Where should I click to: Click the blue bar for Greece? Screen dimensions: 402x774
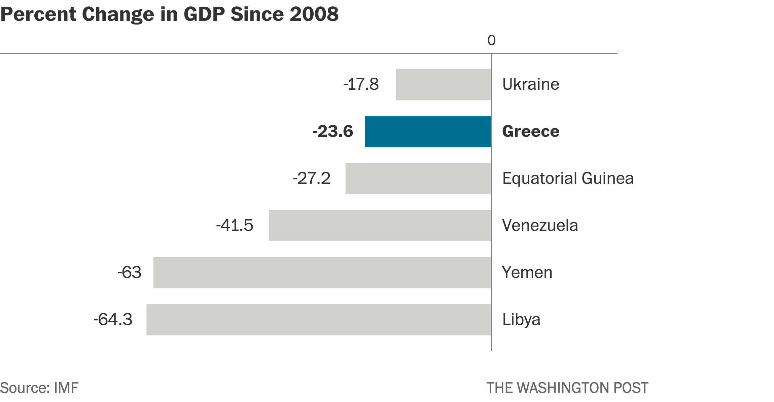428,131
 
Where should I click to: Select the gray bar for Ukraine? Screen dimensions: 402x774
443,84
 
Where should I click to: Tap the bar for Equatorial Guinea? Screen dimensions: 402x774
418,178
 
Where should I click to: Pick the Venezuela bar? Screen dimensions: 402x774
380,226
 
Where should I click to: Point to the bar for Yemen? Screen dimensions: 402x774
322,273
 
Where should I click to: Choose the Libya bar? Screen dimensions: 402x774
318,320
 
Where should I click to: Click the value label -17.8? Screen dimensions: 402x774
361,84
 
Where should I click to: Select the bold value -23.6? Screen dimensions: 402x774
332,131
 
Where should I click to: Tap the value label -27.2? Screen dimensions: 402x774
312,178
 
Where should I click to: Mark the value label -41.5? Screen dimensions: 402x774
235,226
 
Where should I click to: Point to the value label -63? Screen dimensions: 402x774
129,273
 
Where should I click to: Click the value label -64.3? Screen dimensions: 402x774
113,320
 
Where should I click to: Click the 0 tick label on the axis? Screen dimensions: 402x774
491,41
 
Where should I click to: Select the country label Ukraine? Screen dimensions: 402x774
530,84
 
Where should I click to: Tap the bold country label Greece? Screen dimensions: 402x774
530,131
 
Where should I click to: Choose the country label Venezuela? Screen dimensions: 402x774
540,226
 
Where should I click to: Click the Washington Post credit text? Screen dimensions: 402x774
567,388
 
